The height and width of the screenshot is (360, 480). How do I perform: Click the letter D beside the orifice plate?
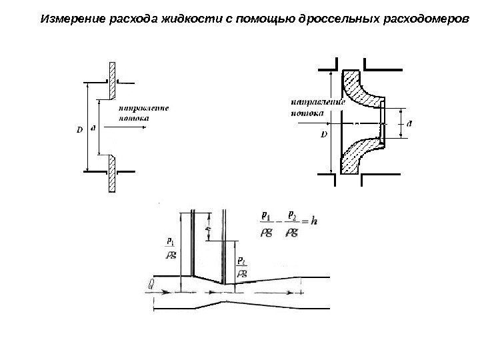pyautogui.click(x=79, y=130)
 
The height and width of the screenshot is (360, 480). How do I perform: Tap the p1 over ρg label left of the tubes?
pyautogui.click(x=171, y=247)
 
